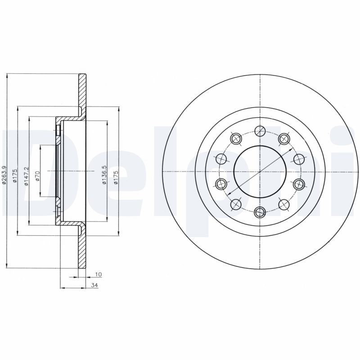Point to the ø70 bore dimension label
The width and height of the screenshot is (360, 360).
tap(37, 175)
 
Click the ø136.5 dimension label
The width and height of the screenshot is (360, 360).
tap(104, 175)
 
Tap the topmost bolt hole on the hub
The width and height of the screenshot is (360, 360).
tap(260, 131)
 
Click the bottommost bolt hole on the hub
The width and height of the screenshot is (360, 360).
tap(260, 212)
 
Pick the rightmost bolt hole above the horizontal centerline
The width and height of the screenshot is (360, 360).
tap(299, 159)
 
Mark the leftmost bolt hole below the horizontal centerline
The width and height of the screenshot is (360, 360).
tap(221, 184)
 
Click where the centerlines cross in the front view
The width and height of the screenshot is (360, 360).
tap(260, 171)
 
